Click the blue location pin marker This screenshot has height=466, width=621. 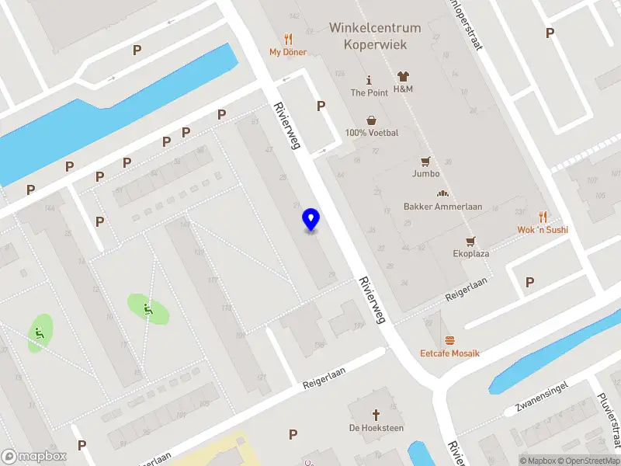(x=310, y=220)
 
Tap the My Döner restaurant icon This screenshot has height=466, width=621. (x=288, y=39)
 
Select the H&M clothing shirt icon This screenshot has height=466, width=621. (x=403, y=77)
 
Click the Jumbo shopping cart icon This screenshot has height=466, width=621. (x=425, y=162)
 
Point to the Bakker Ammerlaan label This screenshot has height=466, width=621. (x=443, y=207)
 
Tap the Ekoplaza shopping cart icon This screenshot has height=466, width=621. (x=470, y=242)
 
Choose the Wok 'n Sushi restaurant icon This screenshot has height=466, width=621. (x=543, y=217)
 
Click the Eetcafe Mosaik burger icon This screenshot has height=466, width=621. (x=450, y=341)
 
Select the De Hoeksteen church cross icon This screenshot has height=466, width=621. (x=376, y=415)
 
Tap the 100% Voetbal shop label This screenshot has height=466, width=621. (x=372, y=133)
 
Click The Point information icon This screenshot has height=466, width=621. (x=369, y=80)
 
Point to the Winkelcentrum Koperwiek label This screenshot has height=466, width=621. (x=375, y=36)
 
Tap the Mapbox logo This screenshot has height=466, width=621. (x=34, y=457)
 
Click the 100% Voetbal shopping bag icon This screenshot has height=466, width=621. (x=372, y=120)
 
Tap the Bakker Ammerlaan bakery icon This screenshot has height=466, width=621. (x=443, y=194)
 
